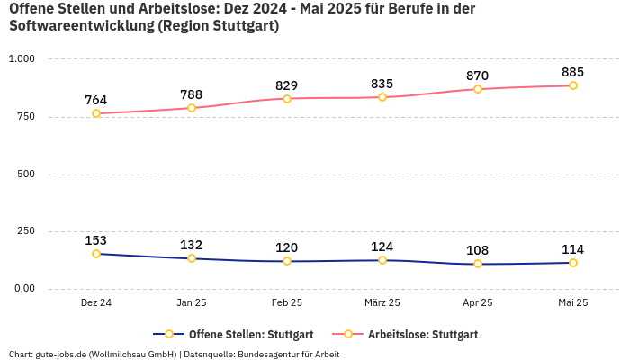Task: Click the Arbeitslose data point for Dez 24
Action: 96,113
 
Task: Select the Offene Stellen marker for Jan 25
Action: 192,258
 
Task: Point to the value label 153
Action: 96,240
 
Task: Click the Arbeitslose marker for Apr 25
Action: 478,89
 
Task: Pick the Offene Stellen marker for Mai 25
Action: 573,263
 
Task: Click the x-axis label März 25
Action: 382,303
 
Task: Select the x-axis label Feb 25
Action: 287,303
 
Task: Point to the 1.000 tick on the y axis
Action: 21,58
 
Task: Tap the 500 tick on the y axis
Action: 25,174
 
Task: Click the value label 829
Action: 287,85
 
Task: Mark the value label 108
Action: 478,250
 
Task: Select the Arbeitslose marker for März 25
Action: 382,97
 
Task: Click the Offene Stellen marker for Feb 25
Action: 287,261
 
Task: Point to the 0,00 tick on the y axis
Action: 22,289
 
